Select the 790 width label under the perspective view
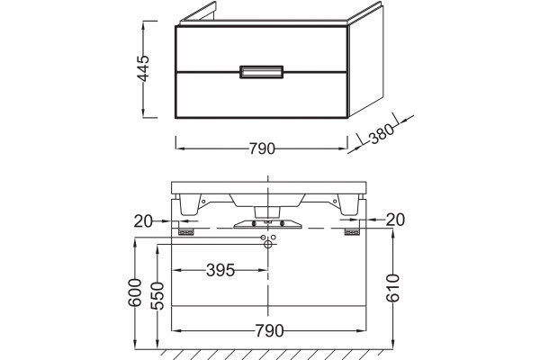click(262, 148)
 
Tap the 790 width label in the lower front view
click(270, 330)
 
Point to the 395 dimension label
click(220, 270)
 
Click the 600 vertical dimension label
click(135, 292)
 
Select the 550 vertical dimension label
click(157, 295)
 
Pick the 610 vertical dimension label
click(392, 288)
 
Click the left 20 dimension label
click(143, 221)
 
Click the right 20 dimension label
click(395, 220)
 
